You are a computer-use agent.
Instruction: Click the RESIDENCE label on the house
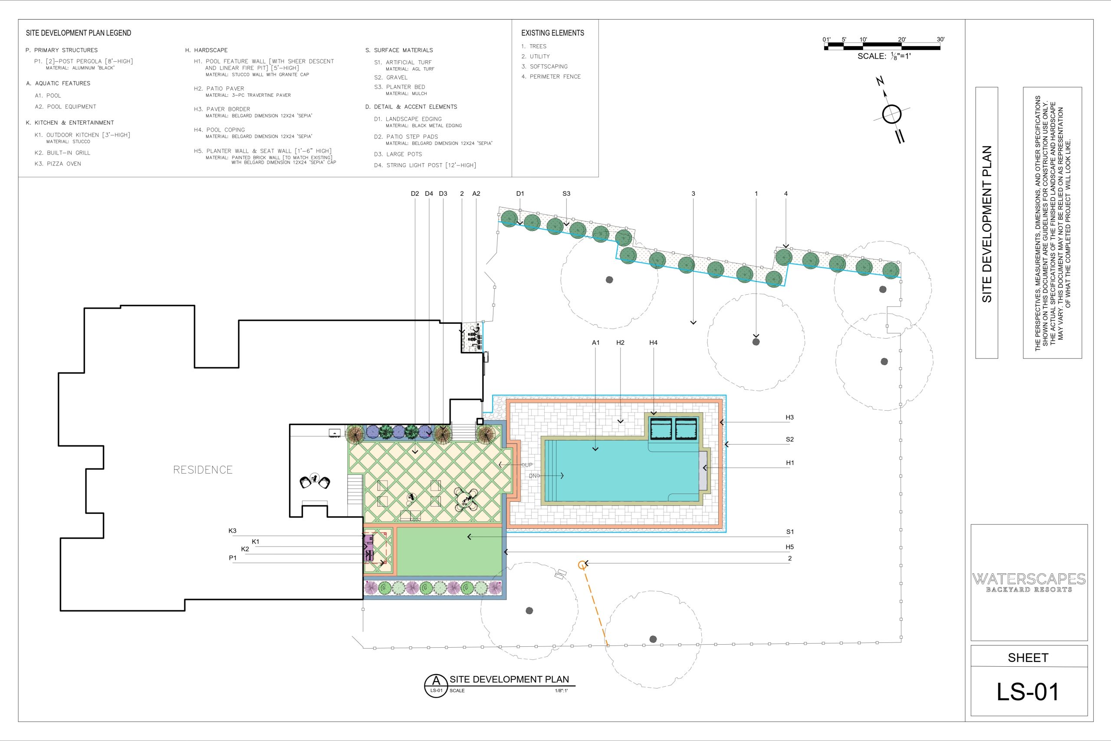tap(203, 470)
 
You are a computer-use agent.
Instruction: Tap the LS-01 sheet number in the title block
tap(1027, 692)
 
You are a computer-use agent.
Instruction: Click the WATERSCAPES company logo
tap(1029, 582)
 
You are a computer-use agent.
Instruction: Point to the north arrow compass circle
tap(892, 114)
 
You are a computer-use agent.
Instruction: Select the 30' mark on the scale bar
tap(940, 40)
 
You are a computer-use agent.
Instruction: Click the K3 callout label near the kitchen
tap(233, 531)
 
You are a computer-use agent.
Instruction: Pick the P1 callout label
tap(233, 558)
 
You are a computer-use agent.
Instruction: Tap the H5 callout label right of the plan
tap(790, 547)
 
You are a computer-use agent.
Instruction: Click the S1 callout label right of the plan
tap(790, 532)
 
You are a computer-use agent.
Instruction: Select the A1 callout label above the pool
tap(596, 343)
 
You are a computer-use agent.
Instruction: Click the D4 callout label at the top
tap(429, 194)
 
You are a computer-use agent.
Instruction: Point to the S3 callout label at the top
tap(566, 194)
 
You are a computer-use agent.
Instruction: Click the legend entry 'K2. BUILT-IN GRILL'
tap(62, 153)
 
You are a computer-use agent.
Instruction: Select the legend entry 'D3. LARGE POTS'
tap(398, 154)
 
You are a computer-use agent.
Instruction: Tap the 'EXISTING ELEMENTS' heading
tap(552, 33)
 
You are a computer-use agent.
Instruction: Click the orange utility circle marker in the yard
tap(582, 565)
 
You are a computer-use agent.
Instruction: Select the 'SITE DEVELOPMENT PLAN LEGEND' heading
tap(79, 33)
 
